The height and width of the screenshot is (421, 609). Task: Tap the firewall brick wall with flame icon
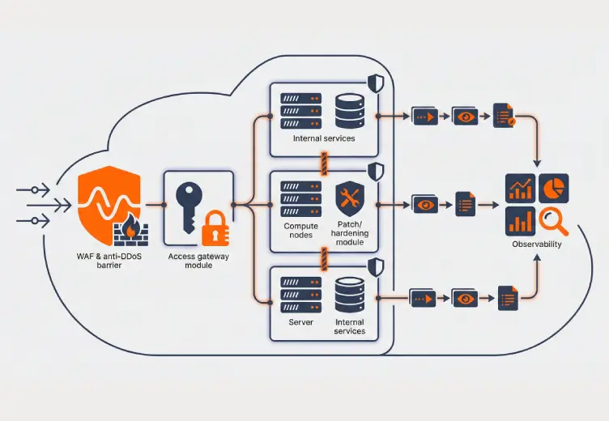(x=130, y=232)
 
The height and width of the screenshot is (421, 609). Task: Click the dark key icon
(x=188, y=203)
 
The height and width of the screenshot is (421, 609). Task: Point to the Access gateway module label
(x=198, y=260)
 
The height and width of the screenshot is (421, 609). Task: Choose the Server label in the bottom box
(x=300, y=322)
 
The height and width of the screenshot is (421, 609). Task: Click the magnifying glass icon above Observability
(x=553, y=219)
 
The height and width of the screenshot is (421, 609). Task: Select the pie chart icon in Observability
(x=553, y=188)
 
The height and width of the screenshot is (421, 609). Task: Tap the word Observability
(x=536, y=245)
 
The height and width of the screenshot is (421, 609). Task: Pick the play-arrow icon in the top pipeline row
(x=424, y=117)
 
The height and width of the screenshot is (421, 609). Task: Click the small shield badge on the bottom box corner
(x=376, y=266)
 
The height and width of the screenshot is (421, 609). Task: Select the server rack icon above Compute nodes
(x=300, y=198)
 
